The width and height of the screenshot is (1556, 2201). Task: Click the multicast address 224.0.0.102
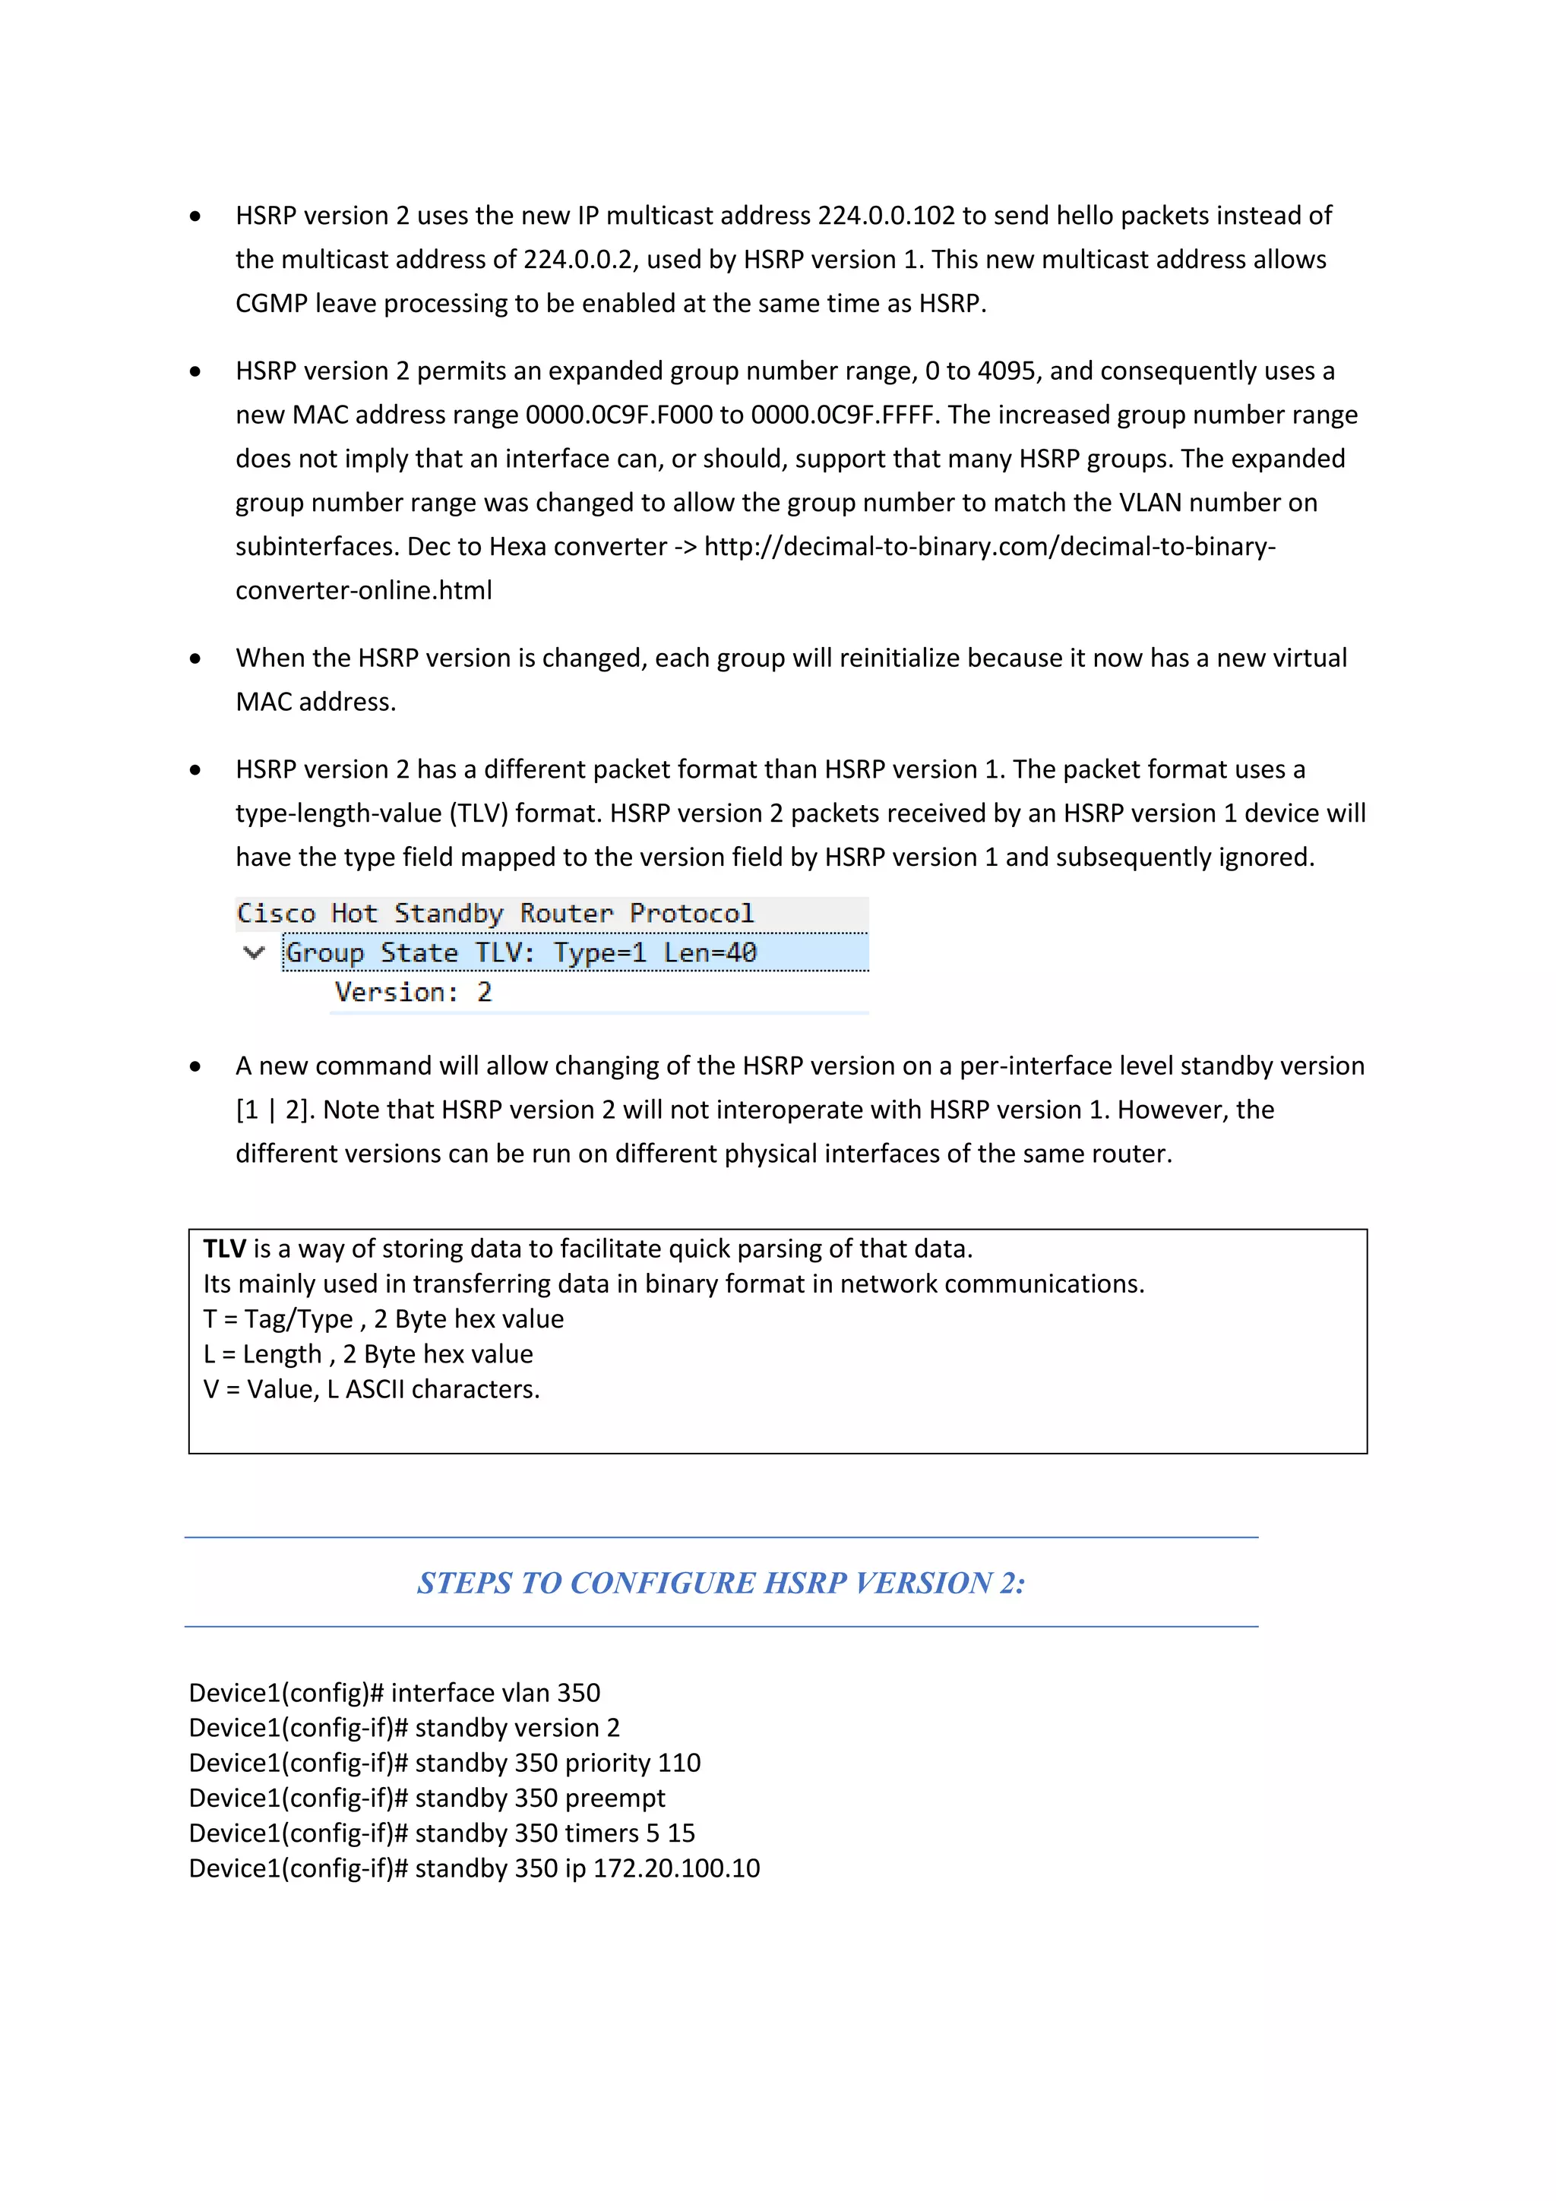point(886,216)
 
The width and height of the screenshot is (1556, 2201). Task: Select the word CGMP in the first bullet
point(271,304)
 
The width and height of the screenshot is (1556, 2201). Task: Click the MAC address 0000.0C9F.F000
point(618,415)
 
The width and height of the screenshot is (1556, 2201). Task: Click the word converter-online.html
point(363,591)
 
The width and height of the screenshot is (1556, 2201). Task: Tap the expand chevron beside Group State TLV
point(254,953)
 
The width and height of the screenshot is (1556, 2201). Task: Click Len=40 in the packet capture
point(710,953)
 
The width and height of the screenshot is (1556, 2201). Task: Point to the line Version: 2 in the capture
point(413,992)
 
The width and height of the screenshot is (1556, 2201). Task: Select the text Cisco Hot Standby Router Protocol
point(495,914)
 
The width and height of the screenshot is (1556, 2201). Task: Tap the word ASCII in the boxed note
point(374,1390)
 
